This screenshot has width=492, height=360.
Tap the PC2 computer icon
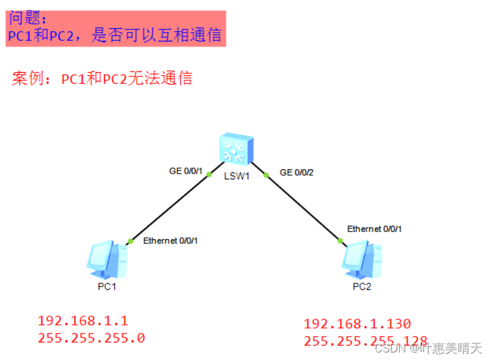(x=361, y=259)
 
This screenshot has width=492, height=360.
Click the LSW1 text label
(x=237, y=176)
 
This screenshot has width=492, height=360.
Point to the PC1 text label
(x=107, y=287)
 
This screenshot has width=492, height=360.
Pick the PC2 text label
(x=361, y=287)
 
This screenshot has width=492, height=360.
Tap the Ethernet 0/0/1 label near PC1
(x=171, y=240)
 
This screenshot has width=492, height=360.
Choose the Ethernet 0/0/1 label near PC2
(x=375, y=229)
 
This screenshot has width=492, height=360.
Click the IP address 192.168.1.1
(x=83, y=320)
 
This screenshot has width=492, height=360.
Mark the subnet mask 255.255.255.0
(x=91, y=338)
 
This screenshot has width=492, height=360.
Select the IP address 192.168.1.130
(x=357, y=324)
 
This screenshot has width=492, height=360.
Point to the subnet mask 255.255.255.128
(x=357, y=341)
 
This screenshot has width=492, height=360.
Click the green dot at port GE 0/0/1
(x=209, y=176)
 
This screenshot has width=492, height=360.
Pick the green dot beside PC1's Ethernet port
(x=131, y=241)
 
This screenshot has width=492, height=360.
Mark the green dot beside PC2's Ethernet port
(x=340, y=240)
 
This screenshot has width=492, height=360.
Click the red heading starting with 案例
(x=102, y=79)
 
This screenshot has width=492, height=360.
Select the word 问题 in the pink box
(x=28, y=17)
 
